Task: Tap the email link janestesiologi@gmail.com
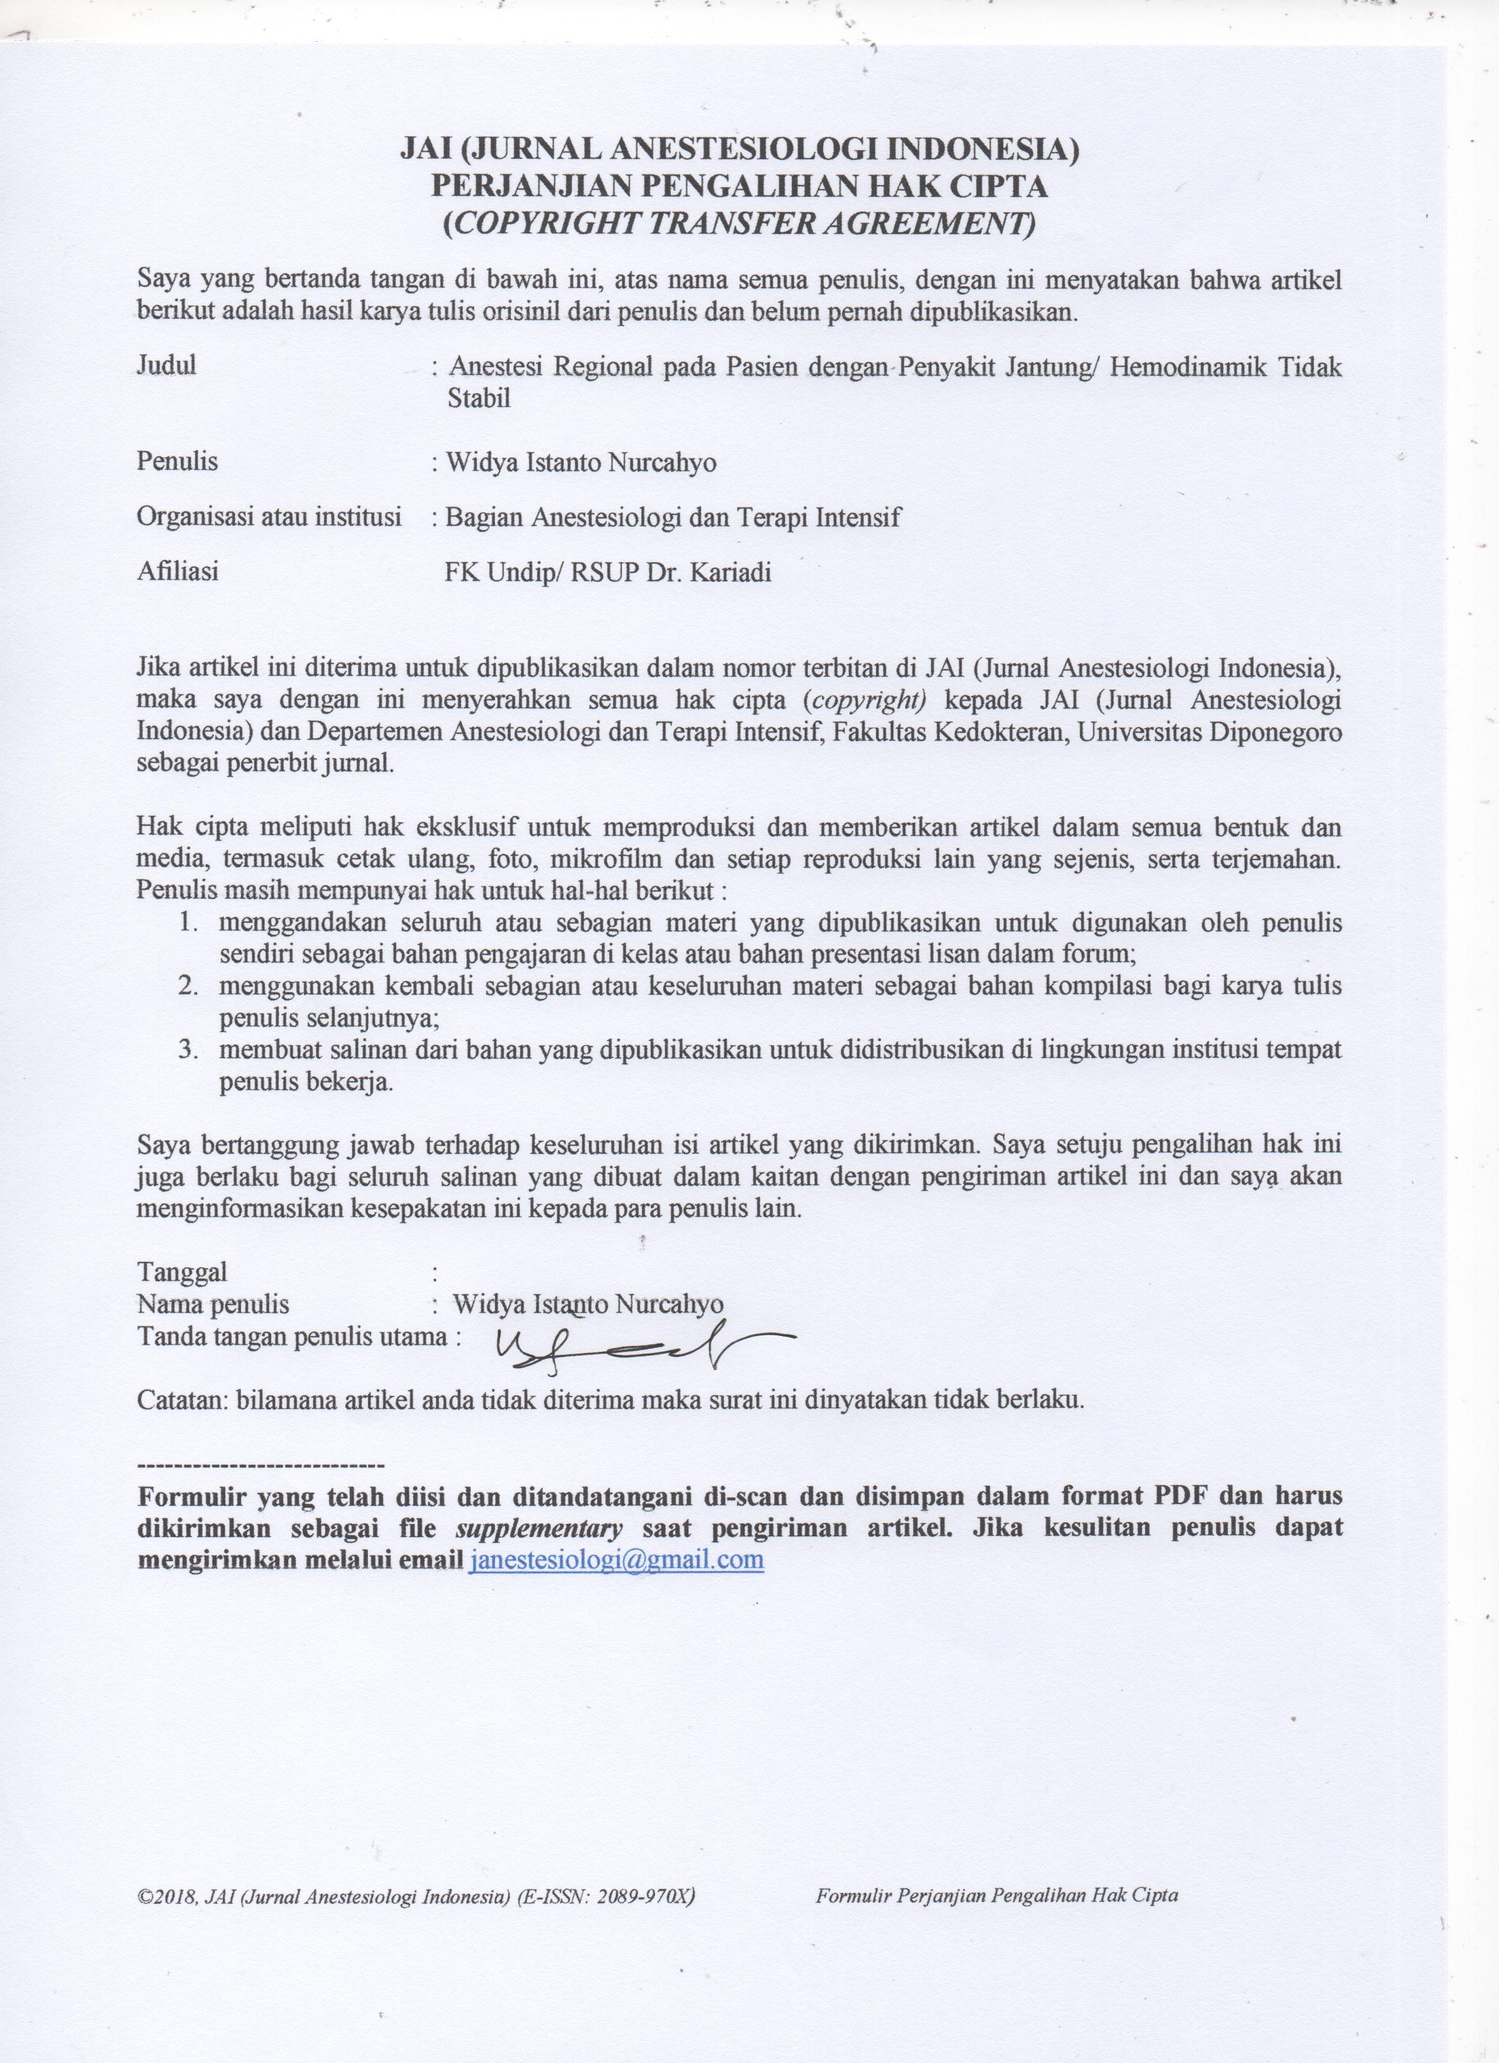coord(616,1559)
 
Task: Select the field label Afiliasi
coord(178,571)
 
